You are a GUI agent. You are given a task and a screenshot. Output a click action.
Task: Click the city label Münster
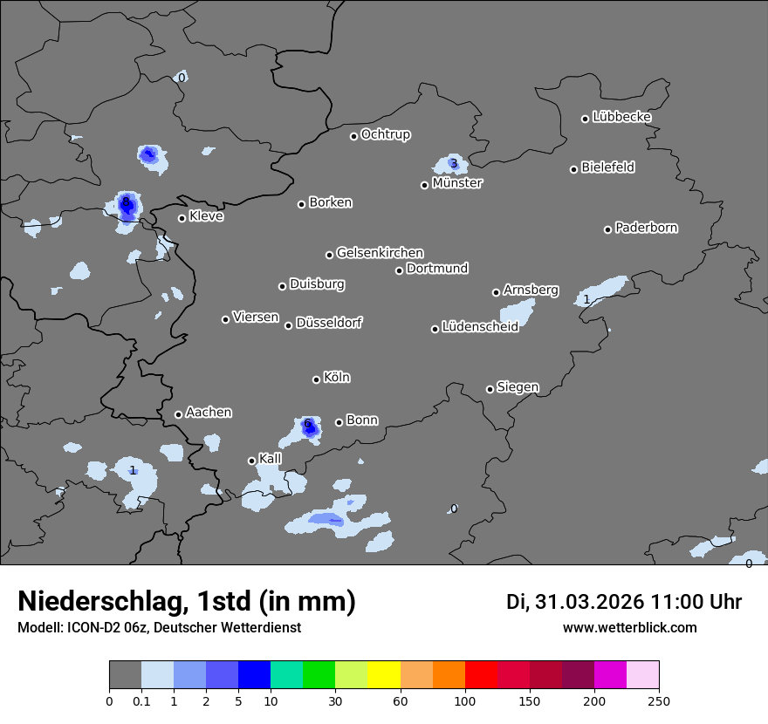[x=457, y=183]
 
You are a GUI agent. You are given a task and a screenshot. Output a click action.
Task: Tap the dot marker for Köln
[x=316, y=379]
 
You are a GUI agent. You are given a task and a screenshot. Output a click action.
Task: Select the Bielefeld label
[x=607, y=167]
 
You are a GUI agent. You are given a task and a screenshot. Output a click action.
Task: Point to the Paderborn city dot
[x=608, y=229]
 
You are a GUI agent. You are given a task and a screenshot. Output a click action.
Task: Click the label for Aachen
[x=209, y=413]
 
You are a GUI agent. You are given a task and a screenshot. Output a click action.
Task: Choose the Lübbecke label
[x=621, y=117]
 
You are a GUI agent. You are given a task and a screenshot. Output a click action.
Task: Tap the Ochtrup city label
[x=385, y=134]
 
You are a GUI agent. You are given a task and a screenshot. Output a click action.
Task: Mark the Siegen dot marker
[x=490, y=389]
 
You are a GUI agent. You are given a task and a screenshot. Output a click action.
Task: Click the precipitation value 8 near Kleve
[x=126, y=201]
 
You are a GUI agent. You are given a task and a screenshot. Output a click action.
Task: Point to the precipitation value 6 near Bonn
[x=307, y=424]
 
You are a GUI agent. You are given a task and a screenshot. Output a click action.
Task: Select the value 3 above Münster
[x=453, y=163]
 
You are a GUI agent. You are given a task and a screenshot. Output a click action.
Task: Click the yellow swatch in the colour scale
[x=383, y=675]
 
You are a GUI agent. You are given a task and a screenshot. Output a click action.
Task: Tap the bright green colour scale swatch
[x=319, y=675]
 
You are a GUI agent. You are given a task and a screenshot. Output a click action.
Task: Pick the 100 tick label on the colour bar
[x=464, y=700]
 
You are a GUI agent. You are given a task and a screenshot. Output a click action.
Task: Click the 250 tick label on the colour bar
[x=658, y=700]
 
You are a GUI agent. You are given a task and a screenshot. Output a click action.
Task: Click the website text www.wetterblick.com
[x=629, y=627]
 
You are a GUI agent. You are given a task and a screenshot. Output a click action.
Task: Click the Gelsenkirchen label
[x=380, y=253]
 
